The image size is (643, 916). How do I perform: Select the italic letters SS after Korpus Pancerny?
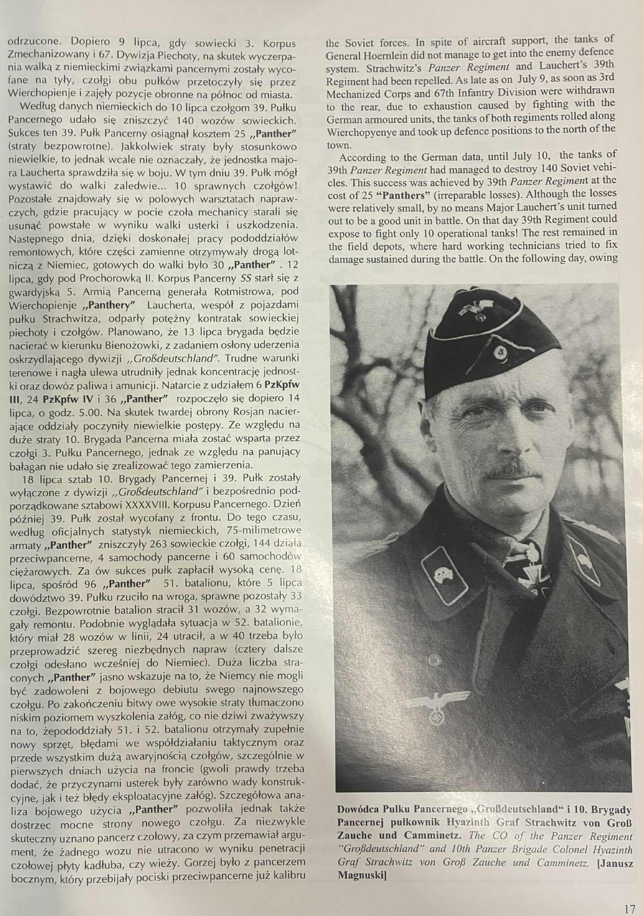click(x=246, y=278)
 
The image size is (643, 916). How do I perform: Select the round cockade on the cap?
click(x=498, y=354)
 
